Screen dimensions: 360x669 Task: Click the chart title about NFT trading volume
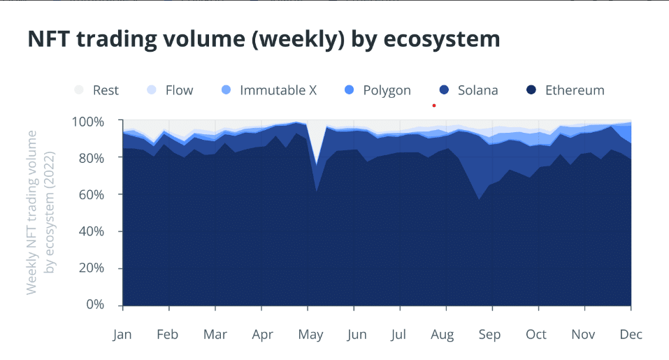click(264, 39)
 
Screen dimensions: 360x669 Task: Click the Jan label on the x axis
click(122, 335)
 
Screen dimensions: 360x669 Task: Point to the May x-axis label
click(310, 335)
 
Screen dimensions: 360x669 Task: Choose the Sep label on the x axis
click(489, 335)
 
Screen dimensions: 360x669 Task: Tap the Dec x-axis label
click(631, 335)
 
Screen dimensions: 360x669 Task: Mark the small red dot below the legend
click(434, 106)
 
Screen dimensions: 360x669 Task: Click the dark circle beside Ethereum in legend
click(531, 90)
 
